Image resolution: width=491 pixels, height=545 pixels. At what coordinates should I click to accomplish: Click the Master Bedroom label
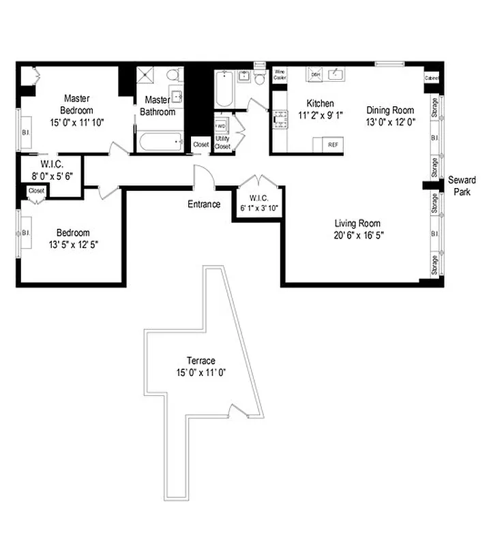[x=78, y=104]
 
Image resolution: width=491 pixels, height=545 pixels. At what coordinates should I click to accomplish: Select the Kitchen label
[x=320, y=104]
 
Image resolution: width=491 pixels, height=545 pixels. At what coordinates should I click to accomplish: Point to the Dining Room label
[x=390, y=110]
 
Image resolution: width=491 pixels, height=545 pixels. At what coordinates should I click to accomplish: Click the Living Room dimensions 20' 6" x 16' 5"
[x=357, y=236]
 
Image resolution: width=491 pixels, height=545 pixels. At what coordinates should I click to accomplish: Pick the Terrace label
[x=201, y=360]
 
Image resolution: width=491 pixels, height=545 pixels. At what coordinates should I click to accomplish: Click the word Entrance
[x=205, y=204]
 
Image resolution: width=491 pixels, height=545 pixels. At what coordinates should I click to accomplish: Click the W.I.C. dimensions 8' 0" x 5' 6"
[x=52, y=175]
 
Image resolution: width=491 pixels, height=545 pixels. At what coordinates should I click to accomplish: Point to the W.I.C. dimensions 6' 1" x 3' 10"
[x=258, y=208]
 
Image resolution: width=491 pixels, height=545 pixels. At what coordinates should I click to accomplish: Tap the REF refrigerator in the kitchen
[x=333, y=144]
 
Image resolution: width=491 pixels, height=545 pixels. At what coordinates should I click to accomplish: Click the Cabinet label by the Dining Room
[x=432, y=78]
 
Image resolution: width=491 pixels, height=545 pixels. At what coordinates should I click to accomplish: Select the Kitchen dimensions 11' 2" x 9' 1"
[x=320, y=115]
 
